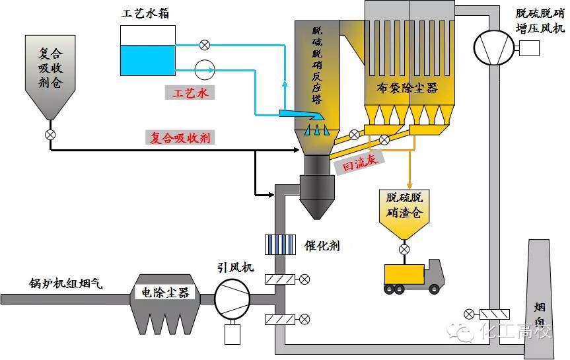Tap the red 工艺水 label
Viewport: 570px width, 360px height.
click(x=190, y=93)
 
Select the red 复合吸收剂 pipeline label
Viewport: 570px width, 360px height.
click(x=180, y=138)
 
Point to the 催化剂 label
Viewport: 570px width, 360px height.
click(x=322, y=245)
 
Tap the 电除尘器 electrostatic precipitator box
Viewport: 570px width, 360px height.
click(x=166, y=292)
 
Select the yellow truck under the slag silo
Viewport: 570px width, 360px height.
click(x=413, y=276)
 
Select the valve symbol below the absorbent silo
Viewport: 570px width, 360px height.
click(x=50, y=134)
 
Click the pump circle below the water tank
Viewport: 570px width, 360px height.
click(x=205, y=69)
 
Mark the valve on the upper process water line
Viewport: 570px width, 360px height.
click(x=205, y=45)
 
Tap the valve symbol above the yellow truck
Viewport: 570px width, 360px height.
click(x=404, y=249)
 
